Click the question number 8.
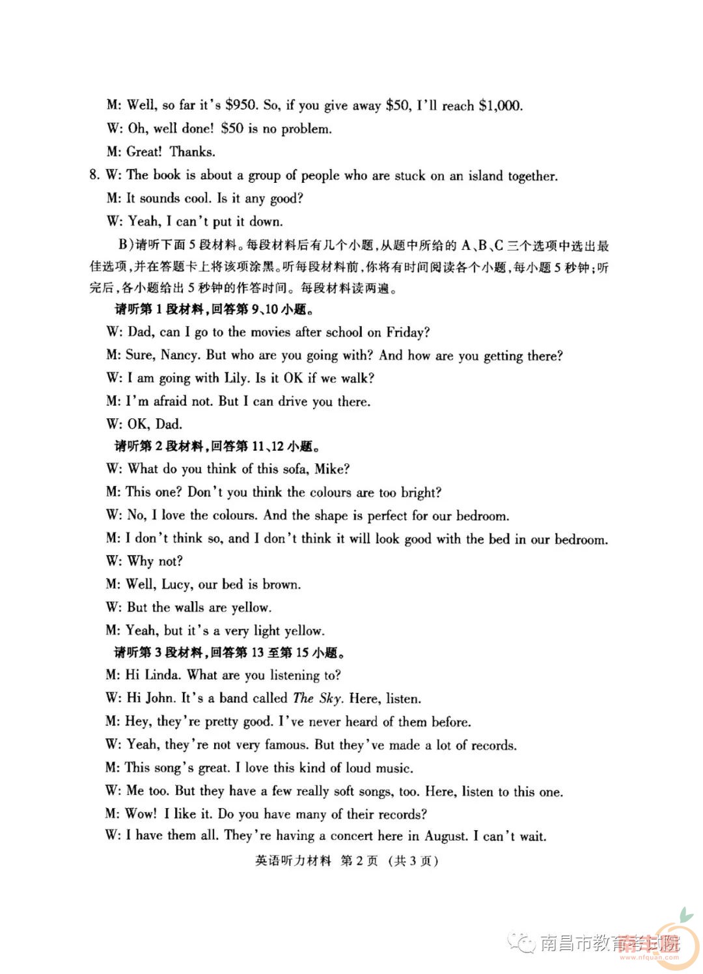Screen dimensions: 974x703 94,174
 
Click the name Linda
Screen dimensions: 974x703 162,675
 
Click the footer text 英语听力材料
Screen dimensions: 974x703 293,861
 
